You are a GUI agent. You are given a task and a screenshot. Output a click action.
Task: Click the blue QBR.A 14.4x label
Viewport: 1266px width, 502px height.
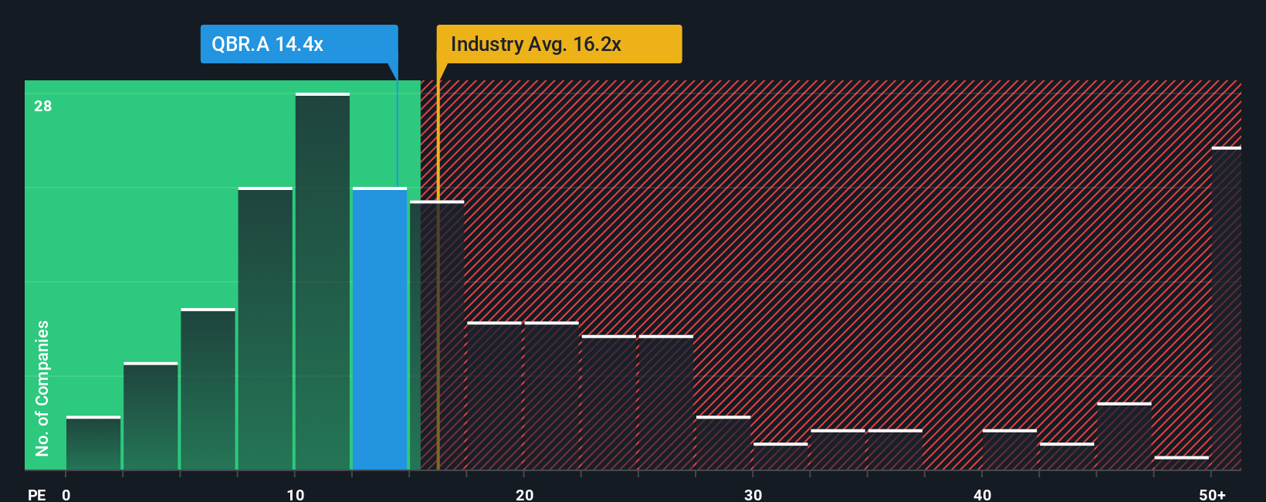click(299, 44)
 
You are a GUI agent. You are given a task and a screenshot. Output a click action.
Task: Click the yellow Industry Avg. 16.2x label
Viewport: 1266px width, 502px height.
click(559, 44)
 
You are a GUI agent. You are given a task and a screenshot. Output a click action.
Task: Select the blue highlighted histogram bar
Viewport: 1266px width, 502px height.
click(380, 328)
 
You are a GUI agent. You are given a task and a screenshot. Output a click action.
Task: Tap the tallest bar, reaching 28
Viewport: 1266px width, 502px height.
click(323, 282)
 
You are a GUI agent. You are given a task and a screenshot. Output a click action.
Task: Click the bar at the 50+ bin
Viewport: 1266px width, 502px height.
click(1226, 309)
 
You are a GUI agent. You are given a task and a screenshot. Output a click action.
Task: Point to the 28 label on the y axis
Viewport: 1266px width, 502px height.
click(43, 106)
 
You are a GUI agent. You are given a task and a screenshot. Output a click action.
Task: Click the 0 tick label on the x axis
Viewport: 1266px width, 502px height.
click(66, 494)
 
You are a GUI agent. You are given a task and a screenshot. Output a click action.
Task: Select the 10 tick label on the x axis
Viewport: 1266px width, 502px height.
click(295, 494)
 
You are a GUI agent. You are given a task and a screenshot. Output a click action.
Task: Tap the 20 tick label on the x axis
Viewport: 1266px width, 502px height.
click(524, 494)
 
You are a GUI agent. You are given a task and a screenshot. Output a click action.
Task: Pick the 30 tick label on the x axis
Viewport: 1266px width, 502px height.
click(753, 494)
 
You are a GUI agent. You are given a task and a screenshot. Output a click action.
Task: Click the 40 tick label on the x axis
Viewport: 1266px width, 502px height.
click(982, 494)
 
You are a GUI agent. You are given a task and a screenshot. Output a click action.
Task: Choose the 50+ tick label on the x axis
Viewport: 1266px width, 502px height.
click(1212, 494)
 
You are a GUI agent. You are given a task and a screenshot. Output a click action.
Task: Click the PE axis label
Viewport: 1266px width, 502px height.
click(36, 494)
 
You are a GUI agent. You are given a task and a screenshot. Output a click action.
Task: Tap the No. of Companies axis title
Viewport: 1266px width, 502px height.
click(42, 388)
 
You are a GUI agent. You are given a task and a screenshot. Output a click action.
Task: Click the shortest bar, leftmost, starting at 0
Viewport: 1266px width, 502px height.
click(93, 443)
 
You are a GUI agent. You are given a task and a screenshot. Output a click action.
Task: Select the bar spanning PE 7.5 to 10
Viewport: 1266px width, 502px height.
click(266, 328)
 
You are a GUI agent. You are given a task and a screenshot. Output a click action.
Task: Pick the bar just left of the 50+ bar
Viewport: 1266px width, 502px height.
click(1181, 463)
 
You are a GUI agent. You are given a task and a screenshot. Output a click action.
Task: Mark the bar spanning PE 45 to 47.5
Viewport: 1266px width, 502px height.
click(1124, 436)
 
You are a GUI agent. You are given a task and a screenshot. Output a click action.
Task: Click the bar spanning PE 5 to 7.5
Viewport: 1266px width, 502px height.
click(208, 389)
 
